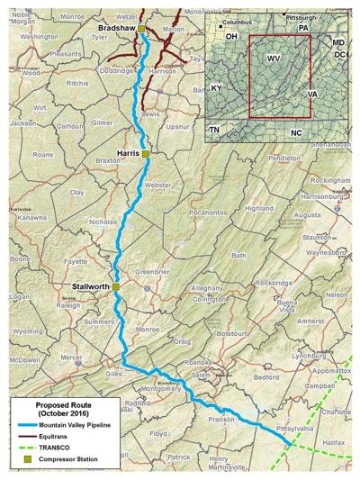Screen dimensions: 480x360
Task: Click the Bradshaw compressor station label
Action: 115,30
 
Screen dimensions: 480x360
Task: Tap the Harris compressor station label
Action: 129,154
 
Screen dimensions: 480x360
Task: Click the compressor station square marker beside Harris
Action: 147,154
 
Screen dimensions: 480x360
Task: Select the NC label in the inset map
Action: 296,132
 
